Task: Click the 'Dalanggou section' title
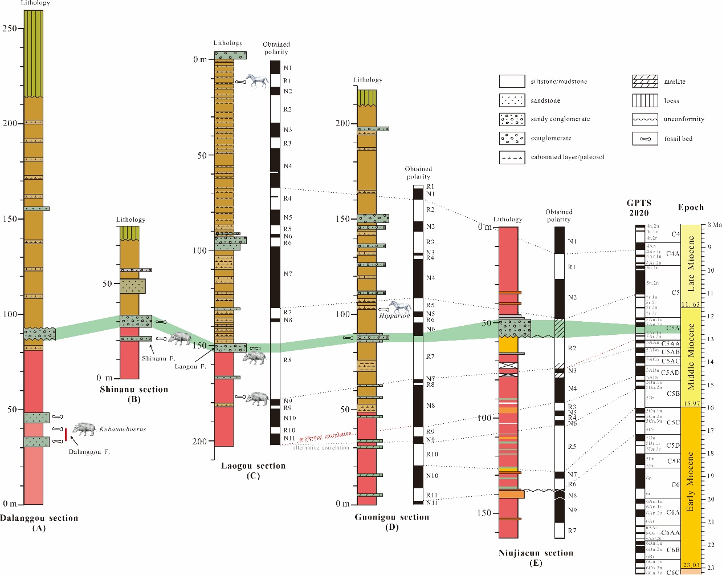click(39, 518)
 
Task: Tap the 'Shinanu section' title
click(134, 390)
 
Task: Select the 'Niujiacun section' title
click(536, 553)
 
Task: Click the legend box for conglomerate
click(512, 138)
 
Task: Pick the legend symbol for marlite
click(645, 82)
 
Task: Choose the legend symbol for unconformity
click(645, 119)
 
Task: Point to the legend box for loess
click(645, 100)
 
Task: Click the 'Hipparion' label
click(394, 315)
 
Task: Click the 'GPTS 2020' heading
click(639, 208)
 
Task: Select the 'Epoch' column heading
click(691, 207)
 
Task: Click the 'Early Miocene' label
click(691, 482)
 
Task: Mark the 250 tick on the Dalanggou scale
click(9, 28)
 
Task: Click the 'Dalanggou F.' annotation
click(89, 452)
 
